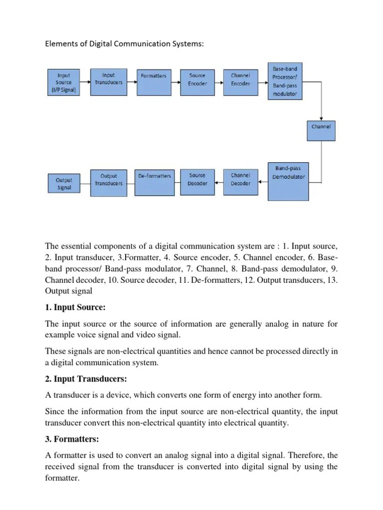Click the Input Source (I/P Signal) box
[x=64, y=82]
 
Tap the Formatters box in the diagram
[x=154, y=82]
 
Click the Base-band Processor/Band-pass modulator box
[x=285, y=81]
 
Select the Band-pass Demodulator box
[x=288, y=181]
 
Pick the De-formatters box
[x=154, y=182]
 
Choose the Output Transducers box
[x=108, y=182]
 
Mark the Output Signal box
[x=64, y=183]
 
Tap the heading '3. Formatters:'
[x=72, y=439]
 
